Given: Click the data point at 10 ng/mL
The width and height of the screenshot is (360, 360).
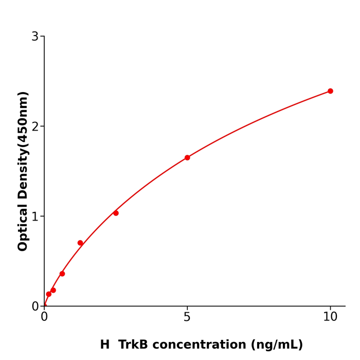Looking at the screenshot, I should (330, 91).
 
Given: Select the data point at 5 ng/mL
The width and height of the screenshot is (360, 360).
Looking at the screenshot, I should (187, 157).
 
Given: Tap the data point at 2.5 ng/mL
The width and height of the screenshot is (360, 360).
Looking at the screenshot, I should (116, 213).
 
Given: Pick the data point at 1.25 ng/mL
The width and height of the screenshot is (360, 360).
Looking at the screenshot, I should (80, 243).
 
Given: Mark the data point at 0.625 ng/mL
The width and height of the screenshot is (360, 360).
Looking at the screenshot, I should (62, 274).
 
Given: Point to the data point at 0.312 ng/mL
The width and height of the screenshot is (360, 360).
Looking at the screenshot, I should (53, 290).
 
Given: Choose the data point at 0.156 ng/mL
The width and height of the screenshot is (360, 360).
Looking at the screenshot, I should (49, 294).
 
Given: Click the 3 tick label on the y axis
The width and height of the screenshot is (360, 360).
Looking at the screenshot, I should (35, 37).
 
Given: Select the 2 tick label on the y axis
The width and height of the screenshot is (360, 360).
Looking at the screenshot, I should (35, 127).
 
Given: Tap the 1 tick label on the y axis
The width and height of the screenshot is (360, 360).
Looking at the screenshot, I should (35, 217).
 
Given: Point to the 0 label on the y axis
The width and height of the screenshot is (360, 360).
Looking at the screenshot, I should (35, 307).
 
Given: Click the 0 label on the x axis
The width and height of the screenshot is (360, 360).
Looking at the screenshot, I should (44, 317).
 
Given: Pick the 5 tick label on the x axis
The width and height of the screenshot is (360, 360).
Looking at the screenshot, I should (187, 317).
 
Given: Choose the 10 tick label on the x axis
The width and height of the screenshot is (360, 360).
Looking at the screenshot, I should (330, 317).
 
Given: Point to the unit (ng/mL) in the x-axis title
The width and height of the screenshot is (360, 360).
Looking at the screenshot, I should (277, 345).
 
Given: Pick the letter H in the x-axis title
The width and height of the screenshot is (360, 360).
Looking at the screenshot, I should (105, 345).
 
